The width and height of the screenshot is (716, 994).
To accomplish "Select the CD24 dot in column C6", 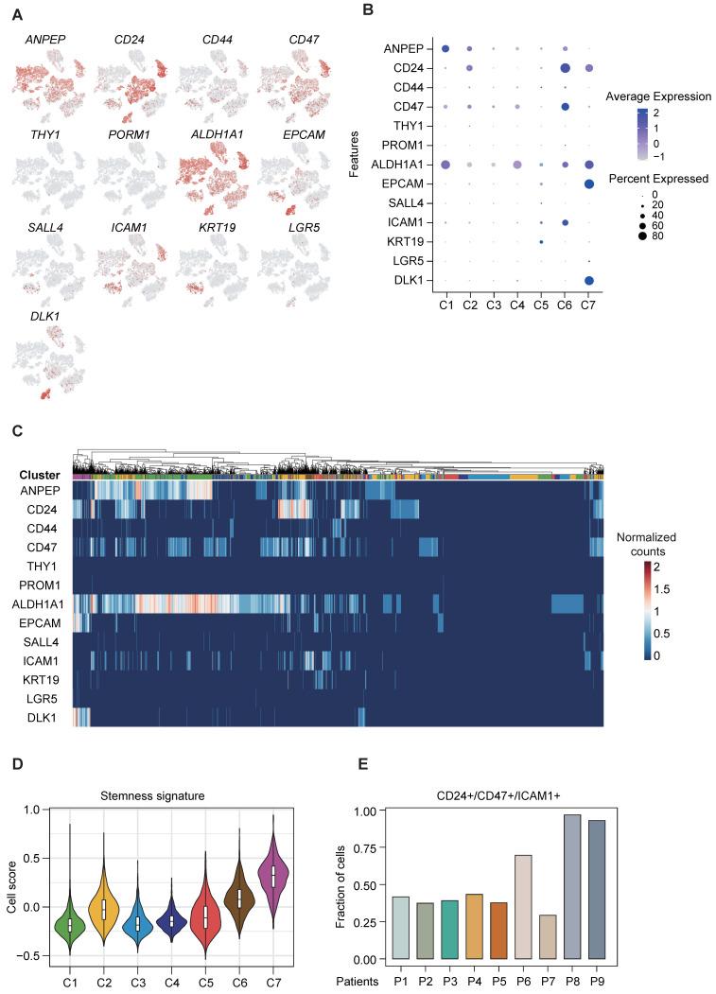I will (565, 68).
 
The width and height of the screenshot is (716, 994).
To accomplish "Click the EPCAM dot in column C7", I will (589, 183).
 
